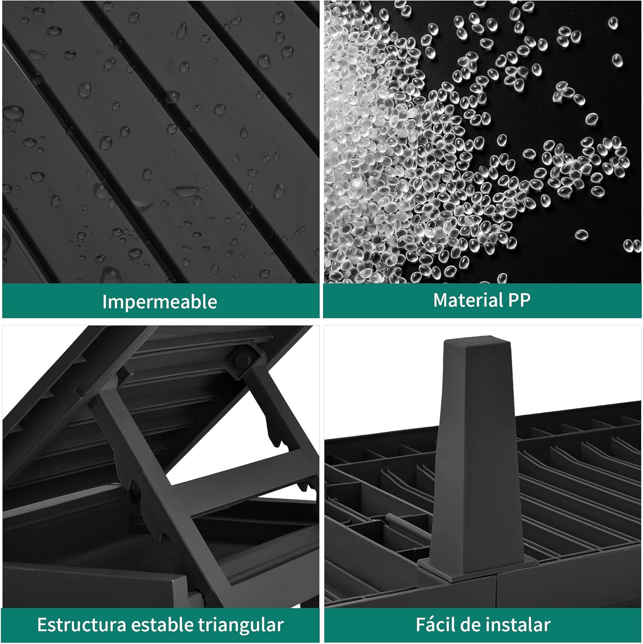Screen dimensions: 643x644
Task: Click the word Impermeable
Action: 160,302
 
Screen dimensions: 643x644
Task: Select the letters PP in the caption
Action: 519,300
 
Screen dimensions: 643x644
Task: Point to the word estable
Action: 162,625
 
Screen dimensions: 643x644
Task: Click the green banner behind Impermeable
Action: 161,301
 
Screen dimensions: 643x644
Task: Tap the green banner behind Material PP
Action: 482,301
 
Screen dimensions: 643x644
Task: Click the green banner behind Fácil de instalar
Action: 482,625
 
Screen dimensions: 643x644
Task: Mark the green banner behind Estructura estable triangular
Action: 161,625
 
